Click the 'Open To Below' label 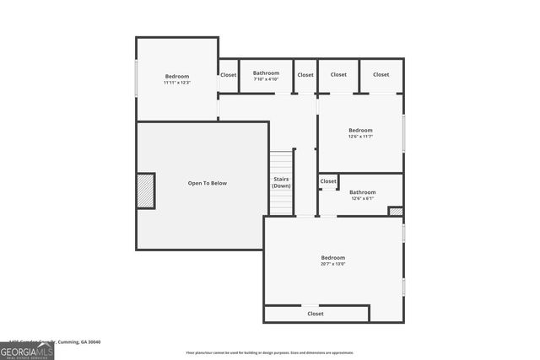click(207, 183)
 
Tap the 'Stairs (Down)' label click(282, 182)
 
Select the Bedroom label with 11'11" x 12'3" click(177, 79)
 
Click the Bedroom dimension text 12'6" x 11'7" click(360, 137)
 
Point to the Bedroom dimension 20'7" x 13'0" click(332, 264)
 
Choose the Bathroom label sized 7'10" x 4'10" click(266, 79)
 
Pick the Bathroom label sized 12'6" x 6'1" click(363, 198)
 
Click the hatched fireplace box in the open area click(146, 191)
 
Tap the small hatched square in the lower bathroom click(395, 211)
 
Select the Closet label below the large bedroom click(315, 314)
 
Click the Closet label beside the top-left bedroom click(229, 75)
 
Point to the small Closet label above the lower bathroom click(328, 181)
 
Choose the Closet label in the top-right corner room click(381, 74)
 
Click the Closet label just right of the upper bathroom click(305, 75)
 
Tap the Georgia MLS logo click(27, 350)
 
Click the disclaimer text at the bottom click(270, 352)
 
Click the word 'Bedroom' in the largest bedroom click(332, 257)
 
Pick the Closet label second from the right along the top click(338, 74)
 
